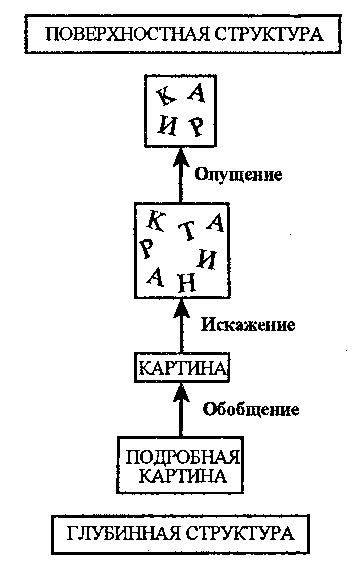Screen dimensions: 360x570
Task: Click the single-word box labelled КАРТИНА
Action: coord(183,369)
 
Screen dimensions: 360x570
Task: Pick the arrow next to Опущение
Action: coord(183,173)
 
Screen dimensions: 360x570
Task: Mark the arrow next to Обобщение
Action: coord(183,409)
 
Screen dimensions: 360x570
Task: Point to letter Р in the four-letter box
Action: coord(198,126)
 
